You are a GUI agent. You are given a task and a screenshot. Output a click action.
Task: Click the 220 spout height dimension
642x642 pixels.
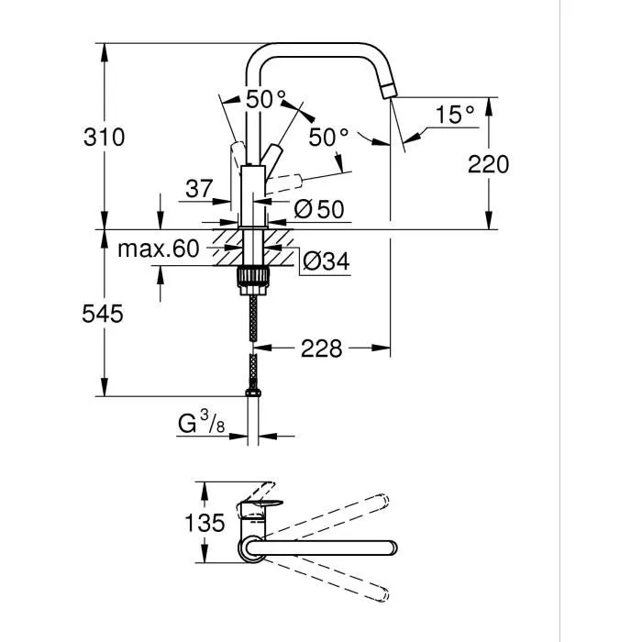[x=487, y=165]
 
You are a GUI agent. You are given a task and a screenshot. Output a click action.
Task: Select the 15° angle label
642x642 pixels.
[x=455, y=116]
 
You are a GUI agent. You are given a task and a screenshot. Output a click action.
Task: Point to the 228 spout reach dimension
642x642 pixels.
[x=321, y=349]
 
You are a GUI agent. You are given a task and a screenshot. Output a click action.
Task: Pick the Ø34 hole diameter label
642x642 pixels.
[x=326, y=262]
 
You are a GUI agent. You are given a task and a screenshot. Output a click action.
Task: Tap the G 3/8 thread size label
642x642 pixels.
[x=201, y=425]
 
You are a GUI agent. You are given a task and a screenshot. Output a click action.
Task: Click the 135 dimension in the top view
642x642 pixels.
[x=205, y=524]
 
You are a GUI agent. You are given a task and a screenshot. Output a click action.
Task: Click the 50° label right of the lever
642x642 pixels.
[x=328, y=138]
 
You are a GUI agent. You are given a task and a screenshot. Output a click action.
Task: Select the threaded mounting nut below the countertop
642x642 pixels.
[x=253, y=276]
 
